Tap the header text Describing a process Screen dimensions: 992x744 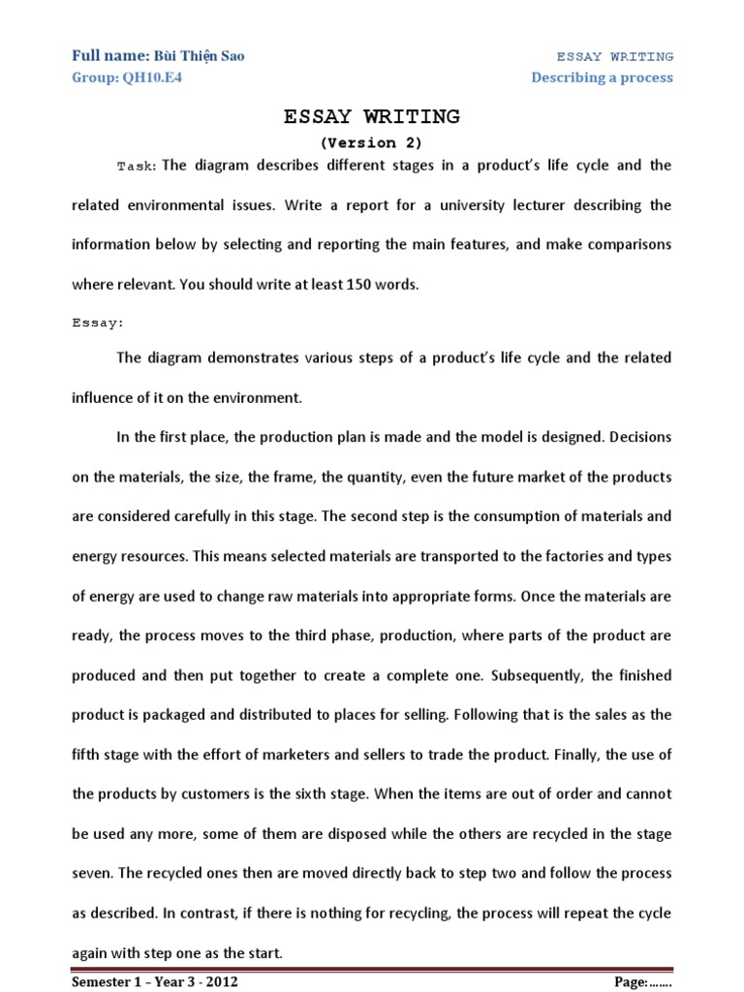coord(602,77)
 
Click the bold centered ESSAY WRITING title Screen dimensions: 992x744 coord(371,117)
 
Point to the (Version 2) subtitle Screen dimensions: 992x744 coord(371,142)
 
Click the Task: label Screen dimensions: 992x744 coord(137,167)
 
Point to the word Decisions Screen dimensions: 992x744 coord(635,437)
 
